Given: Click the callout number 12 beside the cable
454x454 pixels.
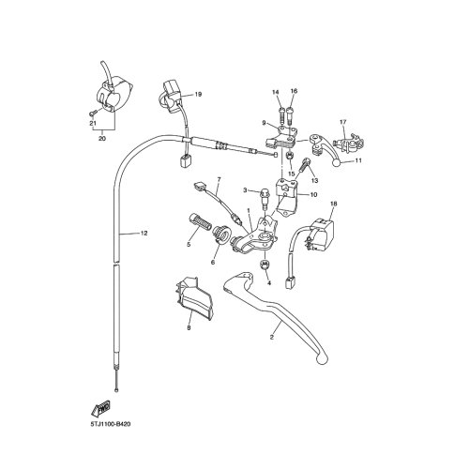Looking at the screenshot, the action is (x=144, y=233).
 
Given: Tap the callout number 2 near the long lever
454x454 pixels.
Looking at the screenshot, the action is (x=271, y=338).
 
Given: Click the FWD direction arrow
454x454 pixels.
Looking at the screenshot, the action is (x=100, y=409).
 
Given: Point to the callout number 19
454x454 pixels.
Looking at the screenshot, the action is (x=198, y=94).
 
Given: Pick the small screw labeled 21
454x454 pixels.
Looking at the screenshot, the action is (x=93, y=112).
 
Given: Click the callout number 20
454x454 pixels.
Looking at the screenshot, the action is (x=102, y=138).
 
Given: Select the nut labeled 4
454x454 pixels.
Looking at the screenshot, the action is (x=265, y=265).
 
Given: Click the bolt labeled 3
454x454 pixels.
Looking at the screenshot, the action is (x=265, y=198).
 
